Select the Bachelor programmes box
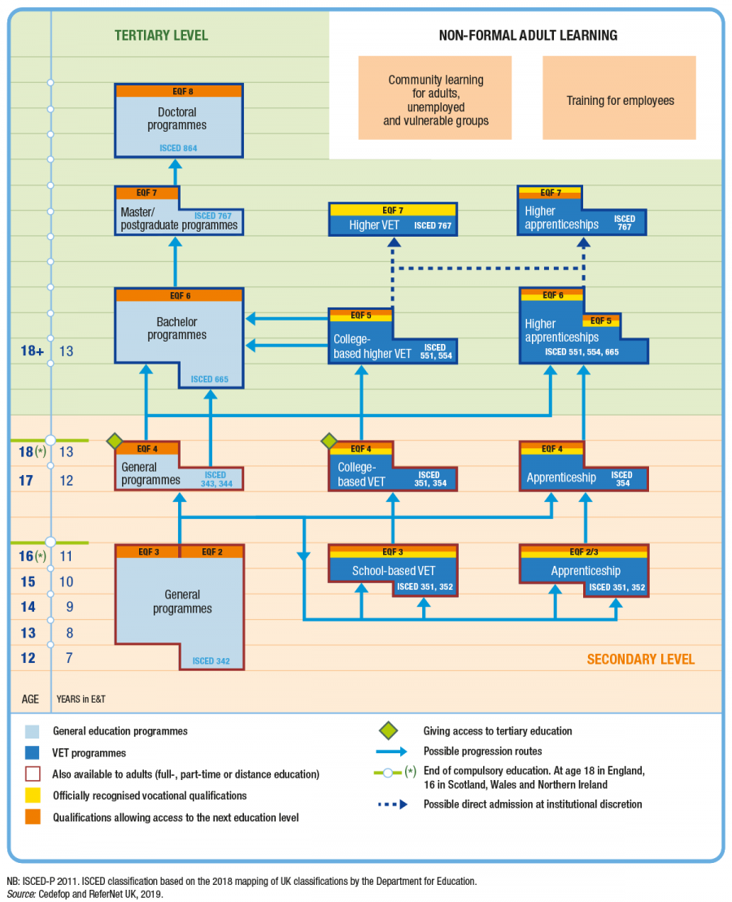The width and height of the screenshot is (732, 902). [178, 329]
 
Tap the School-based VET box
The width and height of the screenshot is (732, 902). [393, 571]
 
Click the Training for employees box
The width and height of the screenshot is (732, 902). [620, 101]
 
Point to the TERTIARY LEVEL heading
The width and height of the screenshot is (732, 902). [161, 35]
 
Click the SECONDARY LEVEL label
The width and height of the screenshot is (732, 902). [641, 659]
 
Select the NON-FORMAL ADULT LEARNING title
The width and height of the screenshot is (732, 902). [528, 35]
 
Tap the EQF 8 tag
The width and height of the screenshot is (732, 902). [179, 91]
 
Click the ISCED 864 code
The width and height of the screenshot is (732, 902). [179, 148]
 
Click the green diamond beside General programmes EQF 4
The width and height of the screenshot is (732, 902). [115, 441]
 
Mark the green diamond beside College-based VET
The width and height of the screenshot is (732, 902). [329, 441]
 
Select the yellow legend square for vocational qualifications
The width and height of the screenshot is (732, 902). [32, 795]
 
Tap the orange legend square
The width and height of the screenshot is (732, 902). [32, 817]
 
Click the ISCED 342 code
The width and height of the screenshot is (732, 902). [211, 661]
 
